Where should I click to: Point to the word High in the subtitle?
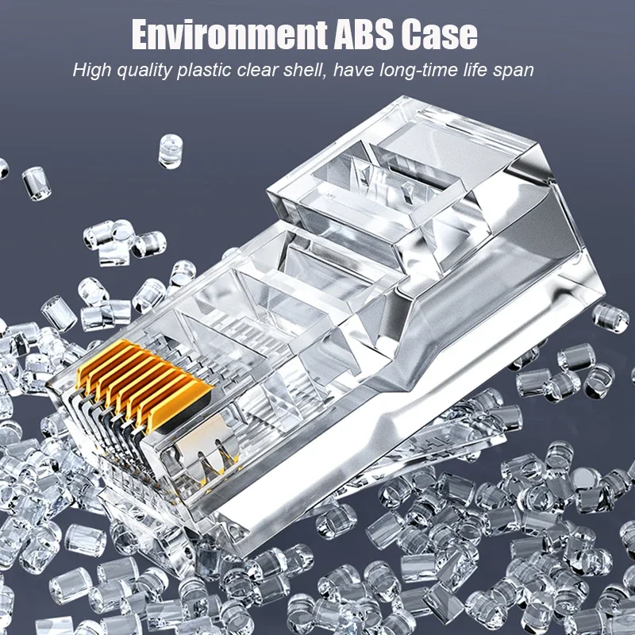91,71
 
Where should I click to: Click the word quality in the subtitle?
146,71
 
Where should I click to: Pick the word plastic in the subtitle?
208,71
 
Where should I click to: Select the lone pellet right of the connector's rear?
610,315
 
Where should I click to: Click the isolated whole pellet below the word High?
36,183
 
